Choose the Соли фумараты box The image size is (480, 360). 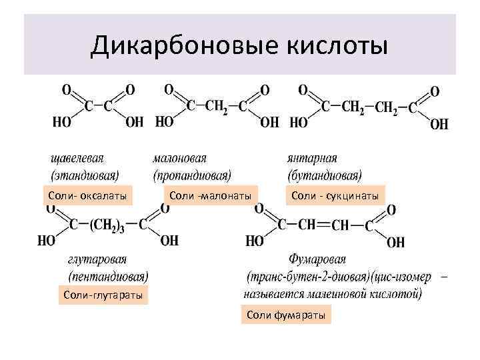tap(286, 314)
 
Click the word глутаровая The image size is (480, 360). tap(98, 259)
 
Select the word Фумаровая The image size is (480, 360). tap(317, 259)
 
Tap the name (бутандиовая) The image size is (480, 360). tap(325, 175)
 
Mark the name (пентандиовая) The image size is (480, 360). tap(109, 275)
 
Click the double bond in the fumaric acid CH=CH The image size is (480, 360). tap(323, 225)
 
